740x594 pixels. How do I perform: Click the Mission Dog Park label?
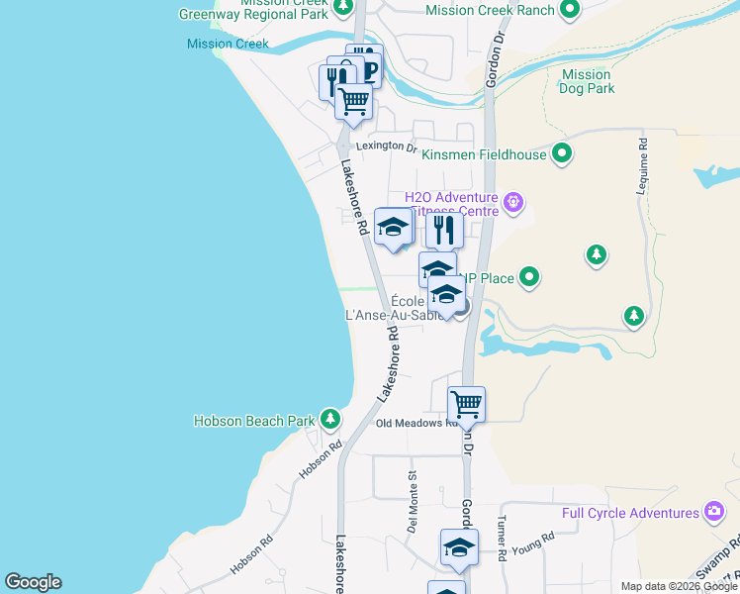[587, 81]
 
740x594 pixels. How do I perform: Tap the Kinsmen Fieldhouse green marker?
[562, 153]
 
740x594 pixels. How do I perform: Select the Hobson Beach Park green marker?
[330, 420]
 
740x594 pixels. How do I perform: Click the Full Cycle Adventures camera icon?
[714, 512]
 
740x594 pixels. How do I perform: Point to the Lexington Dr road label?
[387, 146]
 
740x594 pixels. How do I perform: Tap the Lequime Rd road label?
[643, 157]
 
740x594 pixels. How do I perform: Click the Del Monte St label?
[413, 501]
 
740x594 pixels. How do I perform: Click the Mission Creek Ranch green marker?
[570, 10]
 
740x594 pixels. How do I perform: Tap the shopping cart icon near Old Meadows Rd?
[466, 404]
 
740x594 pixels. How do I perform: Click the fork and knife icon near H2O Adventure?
[444, 231]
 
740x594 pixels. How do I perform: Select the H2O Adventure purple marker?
[512, 204]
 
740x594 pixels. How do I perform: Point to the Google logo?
[33, 582]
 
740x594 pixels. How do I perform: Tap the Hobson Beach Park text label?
[253, 421]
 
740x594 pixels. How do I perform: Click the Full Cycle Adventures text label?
[630, 513]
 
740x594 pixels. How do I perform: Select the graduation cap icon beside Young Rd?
[459, 547]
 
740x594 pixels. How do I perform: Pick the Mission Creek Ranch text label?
[489, 10]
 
